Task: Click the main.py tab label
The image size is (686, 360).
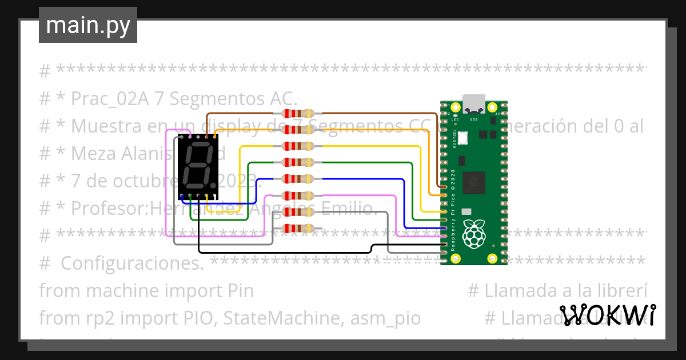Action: point(87,26)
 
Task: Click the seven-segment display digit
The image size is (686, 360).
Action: point(196,166)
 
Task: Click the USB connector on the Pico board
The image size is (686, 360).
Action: point(473,103)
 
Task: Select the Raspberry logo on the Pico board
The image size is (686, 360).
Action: point(473,235)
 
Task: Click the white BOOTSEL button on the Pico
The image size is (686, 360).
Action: point(462,137)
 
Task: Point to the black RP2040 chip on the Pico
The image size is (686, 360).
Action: point(474,182)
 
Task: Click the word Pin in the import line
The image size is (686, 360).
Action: point(240,291)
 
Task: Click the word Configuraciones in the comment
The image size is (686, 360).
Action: point(132,264)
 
